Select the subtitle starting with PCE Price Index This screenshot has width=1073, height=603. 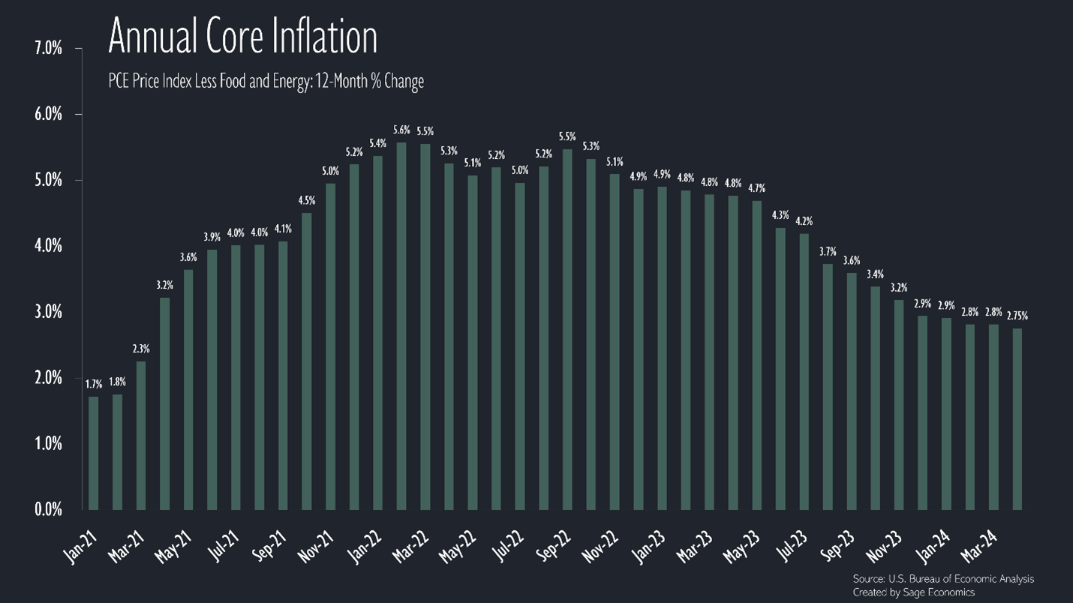(x=266, y=81)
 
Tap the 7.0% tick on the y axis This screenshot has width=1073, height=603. (x=48, y=49)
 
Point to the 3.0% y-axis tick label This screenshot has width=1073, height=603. (x=48, y=312)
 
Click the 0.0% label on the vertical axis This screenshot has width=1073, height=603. (x=48, y=510)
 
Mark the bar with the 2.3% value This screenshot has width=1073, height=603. (x=141, y=435)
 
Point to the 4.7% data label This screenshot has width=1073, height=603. (x=757, y=188)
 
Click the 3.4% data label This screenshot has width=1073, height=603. (x=875, y=274)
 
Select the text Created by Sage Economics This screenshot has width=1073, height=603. (x=913, y=592)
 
